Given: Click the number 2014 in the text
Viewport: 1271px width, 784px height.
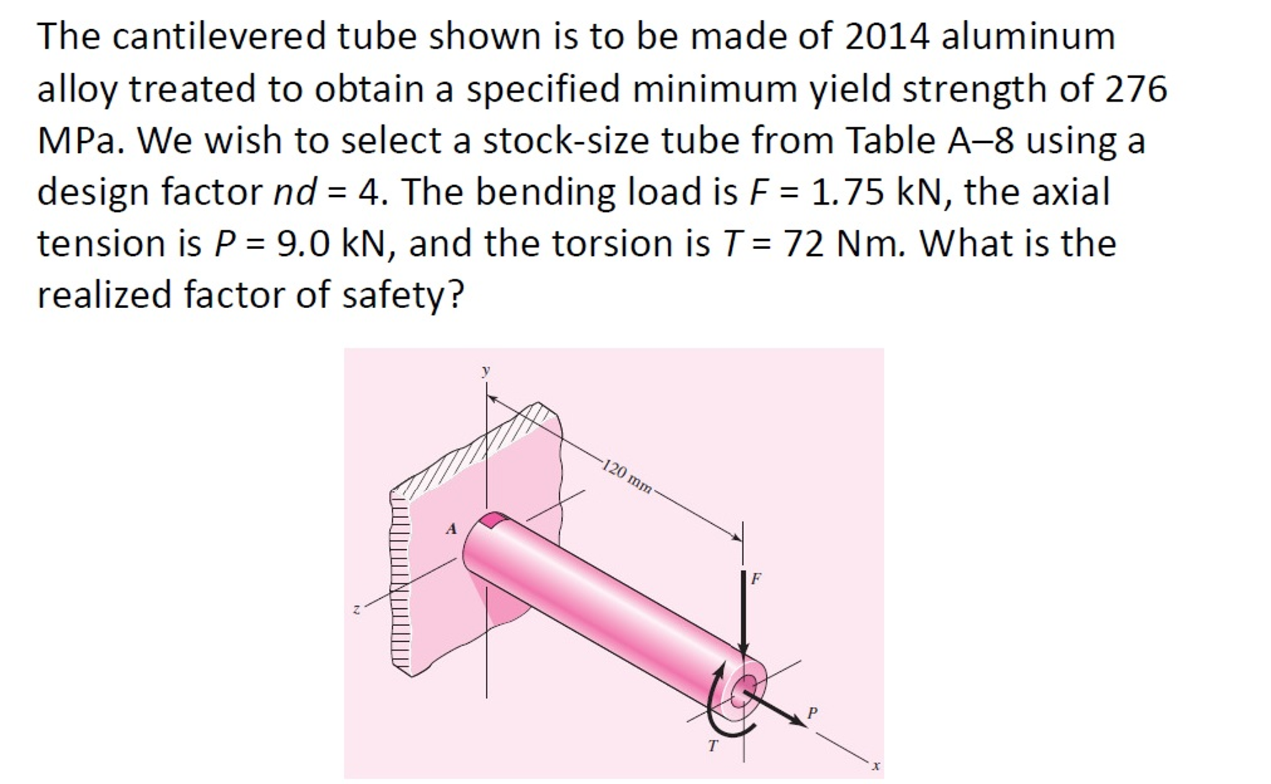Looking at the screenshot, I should pos(886,36).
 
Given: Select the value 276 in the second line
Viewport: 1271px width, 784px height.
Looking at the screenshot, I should pos(1136,88).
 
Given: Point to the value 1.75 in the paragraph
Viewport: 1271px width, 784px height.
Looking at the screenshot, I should pos(847,192).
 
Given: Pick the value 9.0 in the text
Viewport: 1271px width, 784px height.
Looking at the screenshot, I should pos(303,244).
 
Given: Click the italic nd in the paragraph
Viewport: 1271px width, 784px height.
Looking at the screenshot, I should pos(296,192).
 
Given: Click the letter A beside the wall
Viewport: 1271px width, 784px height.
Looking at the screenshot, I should pos(452,529).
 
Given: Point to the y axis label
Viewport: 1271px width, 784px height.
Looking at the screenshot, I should pos(486,370).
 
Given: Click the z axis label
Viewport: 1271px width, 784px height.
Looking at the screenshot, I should pos(356,610).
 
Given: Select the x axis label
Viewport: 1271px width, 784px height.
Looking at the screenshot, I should pos(876,766).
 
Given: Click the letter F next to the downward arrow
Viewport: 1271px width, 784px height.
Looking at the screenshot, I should pos(756,579).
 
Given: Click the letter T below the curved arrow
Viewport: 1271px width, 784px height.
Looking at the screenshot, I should pos(713,745).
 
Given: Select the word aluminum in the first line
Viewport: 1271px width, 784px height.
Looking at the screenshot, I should pos(1028,36).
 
